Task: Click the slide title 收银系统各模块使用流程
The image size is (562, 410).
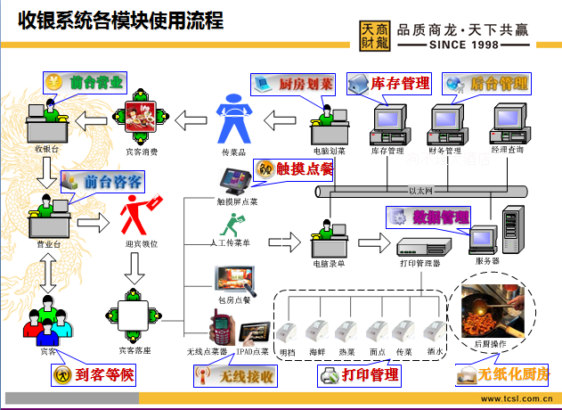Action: pos(116,20)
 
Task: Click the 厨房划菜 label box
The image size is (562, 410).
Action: pos(293,85)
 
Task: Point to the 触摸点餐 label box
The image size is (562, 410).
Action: pos(293,168)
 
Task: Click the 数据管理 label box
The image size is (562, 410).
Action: pos(428,217)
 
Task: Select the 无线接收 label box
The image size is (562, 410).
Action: pos(235,377)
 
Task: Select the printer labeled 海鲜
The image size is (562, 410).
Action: pos(316,332)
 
